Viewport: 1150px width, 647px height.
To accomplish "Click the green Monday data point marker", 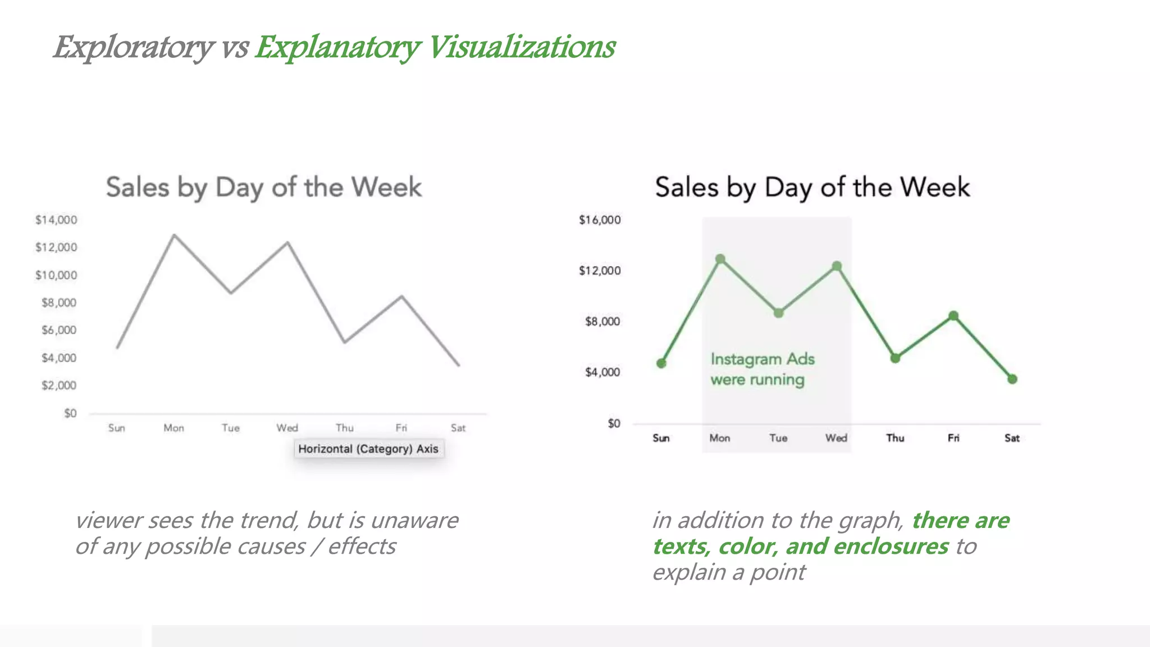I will click(x=720, y=259).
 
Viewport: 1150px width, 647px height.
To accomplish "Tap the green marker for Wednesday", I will click(x=837, y=266).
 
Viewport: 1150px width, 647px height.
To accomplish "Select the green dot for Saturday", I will click(x=1012, y=379).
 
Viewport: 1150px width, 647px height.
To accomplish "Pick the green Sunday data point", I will click(x=661, y=363).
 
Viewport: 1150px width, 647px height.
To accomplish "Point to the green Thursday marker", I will click(x=895, y=358).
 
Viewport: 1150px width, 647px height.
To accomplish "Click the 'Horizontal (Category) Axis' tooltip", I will click(x=368, y=449).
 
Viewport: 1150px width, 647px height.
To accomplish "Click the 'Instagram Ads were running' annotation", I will click(x=762, y=369).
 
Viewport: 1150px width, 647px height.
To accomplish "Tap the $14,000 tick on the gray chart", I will click(x=56, y=220).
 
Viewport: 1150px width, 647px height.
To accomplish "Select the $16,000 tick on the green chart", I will click(x=600, y=220).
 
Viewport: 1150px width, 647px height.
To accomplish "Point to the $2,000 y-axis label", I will click(x=58, y=385).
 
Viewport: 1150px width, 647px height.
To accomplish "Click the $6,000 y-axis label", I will click(x=58, y=330).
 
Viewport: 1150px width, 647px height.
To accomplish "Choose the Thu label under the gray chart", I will click(x=345, y=428).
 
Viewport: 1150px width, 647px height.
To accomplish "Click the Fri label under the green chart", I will click(x=953, y=438).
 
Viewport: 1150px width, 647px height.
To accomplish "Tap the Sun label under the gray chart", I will click(x=117, y=428).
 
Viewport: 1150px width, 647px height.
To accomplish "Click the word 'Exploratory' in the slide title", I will click(x=134, y=47).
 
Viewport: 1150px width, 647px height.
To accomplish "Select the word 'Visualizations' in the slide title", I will click(x=522, y=47).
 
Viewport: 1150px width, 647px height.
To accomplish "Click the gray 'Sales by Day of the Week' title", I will click(x=263, y=187).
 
